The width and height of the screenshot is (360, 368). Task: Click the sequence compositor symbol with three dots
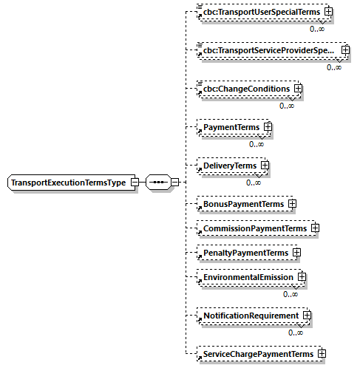click(158, 182)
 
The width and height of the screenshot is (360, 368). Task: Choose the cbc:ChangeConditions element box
click(247, 89)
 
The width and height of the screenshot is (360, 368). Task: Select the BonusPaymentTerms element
click(243, 202)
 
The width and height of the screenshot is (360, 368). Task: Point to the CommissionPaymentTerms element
click(254, 228)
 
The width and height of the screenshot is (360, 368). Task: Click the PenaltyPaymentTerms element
click(245, 253)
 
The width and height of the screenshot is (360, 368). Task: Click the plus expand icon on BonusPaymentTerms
click(292, 202)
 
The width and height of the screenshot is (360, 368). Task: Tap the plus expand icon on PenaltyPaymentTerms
click(296, 253)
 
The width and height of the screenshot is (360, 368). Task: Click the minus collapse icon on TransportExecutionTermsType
click(135, 182)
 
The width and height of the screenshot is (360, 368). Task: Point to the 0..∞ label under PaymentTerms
click(257, 144)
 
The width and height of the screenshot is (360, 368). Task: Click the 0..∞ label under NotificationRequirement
click(296, 333)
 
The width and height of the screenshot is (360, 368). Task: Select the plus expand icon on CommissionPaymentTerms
click(314, 228)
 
